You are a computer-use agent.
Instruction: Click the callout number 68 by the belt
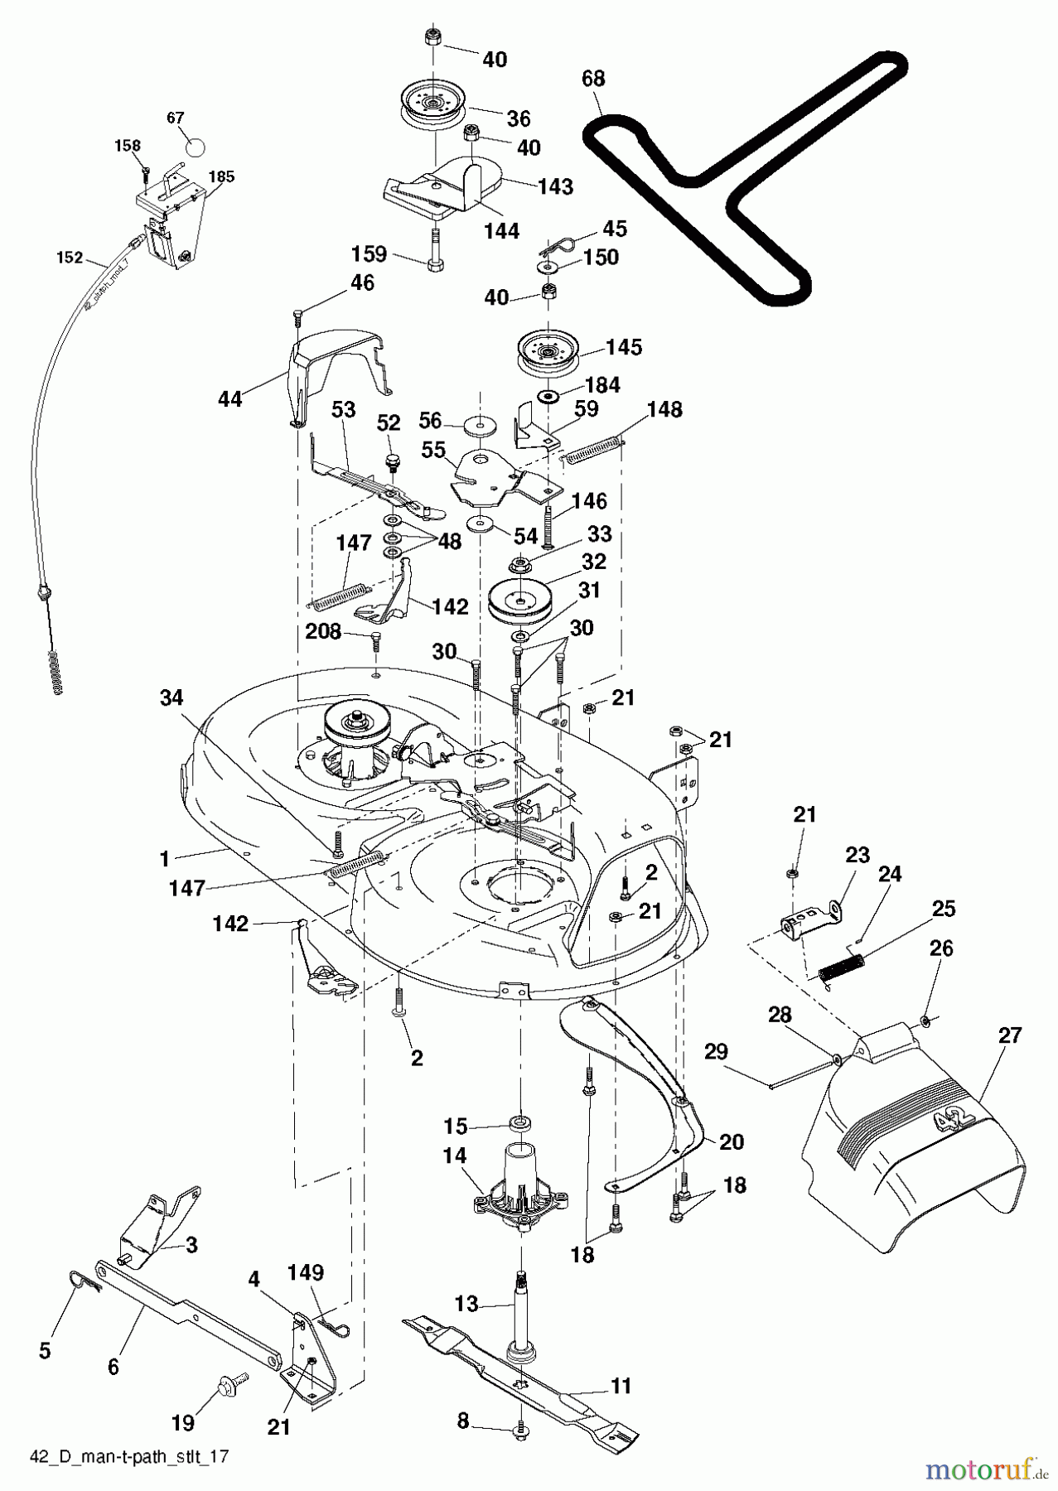pyautogui.click(x=593, y=79)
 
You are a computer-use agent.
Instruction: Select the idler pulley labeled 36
pyautogui.click(x=432, y=105)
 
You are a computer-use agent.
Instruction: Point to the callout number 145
pyautogui.click(x=623, y=347)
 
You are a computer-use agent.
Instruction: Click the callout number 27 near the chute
pyautogui.click(x=1010, y=1035)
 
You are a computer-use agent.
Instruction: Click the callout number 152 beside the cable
pyautogui.click(x=70, y=258)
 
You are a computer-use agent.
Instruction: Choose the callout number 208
pyautogui.click(x=323, y=632)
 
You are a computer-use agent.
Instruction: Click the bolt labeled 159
pyautogui.click(x=435, y=250)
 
